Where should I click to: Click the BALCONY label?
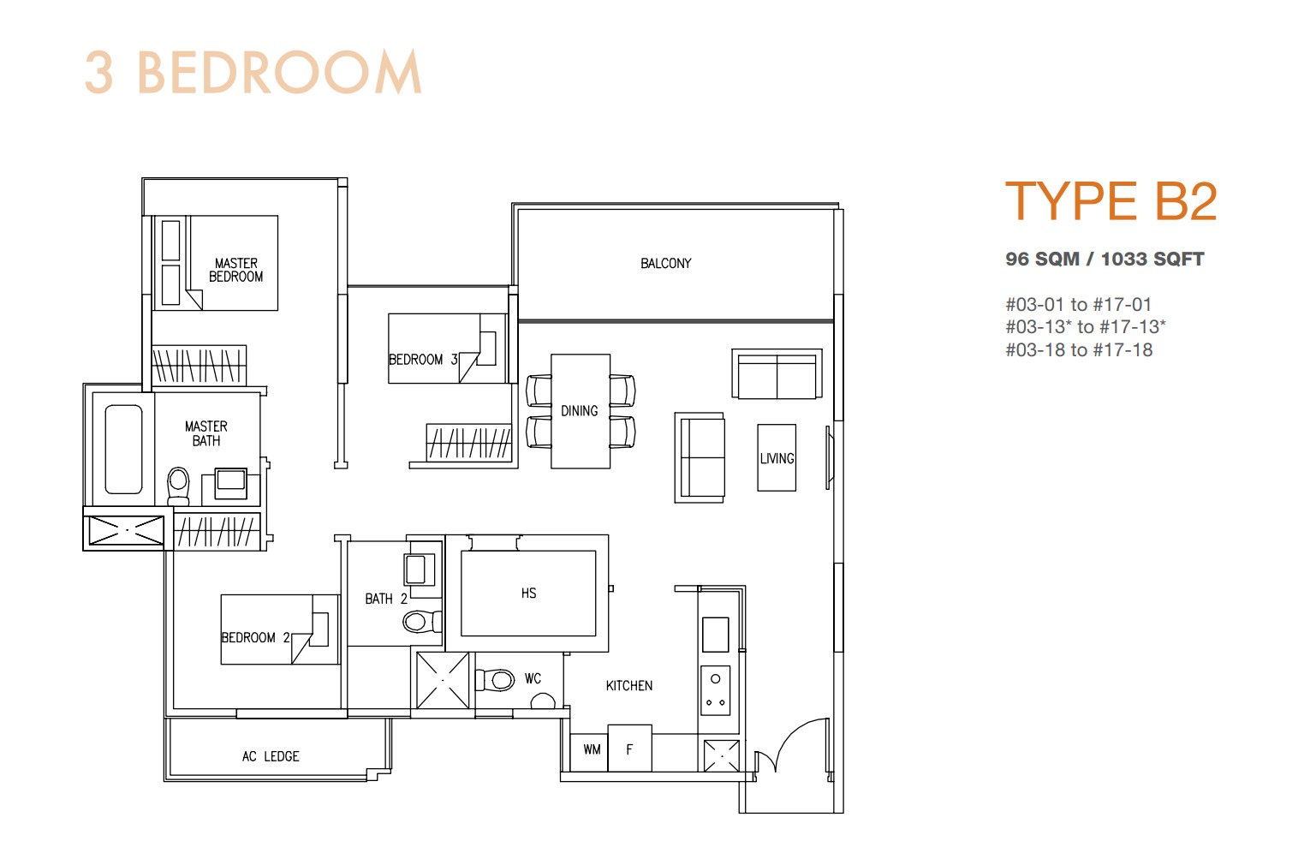[665, 263]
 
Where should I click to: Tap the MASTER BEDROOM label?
[235, 270]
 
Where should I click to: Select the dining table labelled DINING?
[581, 411]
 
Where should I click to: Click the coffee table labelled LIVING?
[777, 457]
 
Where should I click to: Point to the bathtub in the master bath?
[123, 450]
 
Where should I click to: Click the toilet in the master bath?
[178, 486]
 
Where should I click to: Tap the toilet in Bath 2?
[421, 621]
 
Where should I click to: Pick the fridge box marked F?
[630, 749]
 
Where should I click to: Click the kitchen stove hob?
[715, 690]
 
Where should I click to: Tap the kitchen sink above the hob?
[715, 635]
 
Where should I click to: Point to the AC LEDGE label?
[271, 756]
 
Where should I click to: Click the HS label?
[528, 594]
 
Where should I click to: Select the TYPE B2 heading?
[1111, 201]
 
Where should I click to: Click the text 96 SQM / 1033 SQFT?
[1105, 259]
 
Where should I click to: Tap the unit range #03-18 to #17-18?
[1079, 350]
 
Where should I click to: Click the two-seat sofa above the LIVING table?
[777, 374]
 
